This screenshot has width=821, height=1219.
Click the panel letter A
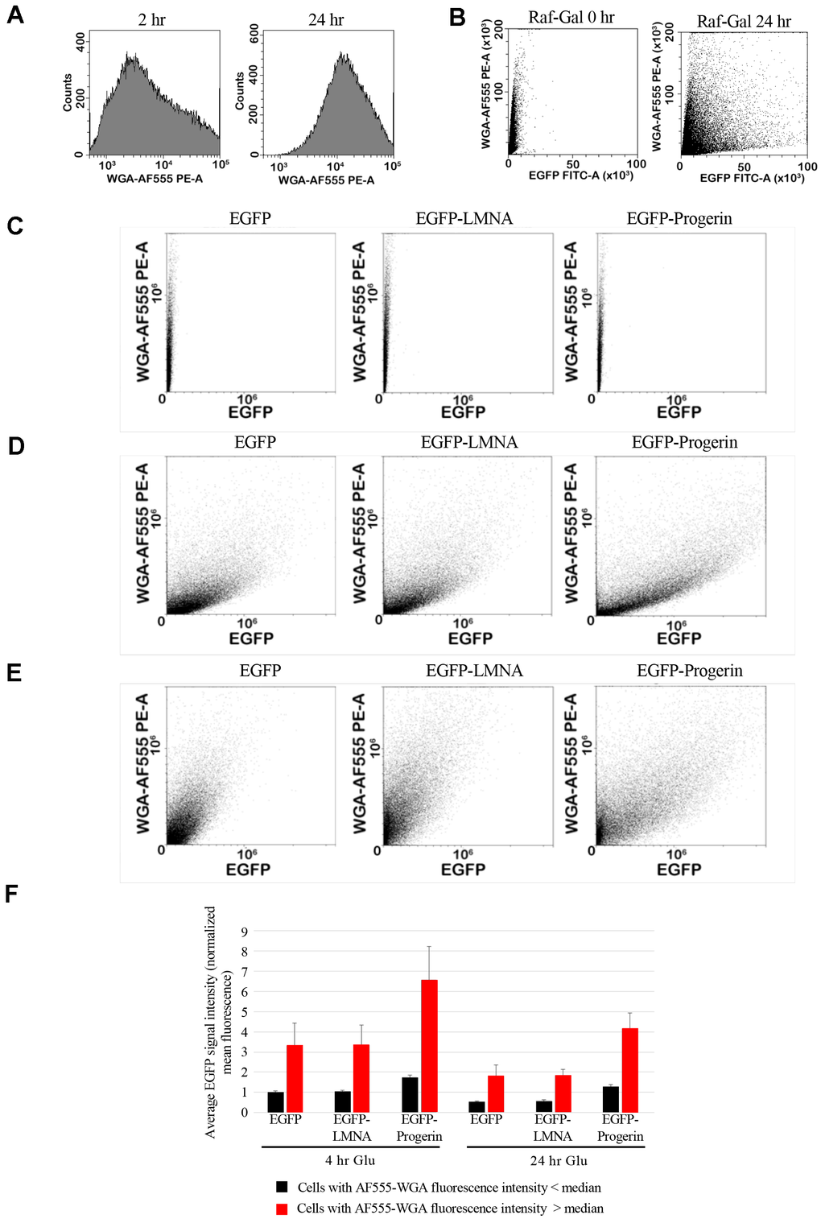[x=14, y=15]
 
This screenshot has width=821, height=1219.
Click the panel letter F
[x=12, y=894]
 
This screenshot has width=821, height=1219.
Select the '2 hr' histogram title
[x=151, y=19]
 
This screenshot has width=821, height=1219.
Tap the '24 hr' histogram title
[x=326, y=19]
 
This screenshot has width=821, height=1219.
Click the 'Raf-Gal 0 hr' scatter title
[x=571, y=17]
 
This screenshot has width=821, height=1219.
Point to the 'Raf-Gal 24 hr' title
[x=744, y=22]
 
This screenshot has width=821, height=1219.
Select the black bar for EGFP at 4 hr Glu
[x=276, y=1101]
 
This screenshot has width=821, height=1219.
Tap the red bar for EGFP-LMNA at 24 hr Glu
[x=563, y=1093]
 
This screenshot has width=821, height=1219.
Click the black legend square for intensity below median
[x=282, y=1187]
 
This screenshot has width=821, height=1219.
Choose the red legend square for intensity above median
[x=282, y=1209]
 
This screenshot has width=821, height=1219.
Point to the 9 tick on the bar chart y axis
[x=245, y=932]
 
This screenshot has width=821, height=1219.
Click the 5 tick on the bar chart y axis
[x=245, y=1012]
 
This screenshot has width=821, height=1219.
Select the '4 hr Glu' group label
[x=350, y=1160]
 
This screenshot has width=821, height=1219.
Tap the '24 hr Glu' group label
[x=559, y=1160]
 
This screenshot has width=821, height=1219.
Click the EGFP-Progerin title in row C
[x=679, y=218]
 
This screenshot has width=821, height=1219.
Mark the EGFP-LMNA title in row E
[x=474, y=671]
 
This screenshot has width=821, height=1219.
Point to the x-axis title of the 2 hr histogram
[x=155, y=179]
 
